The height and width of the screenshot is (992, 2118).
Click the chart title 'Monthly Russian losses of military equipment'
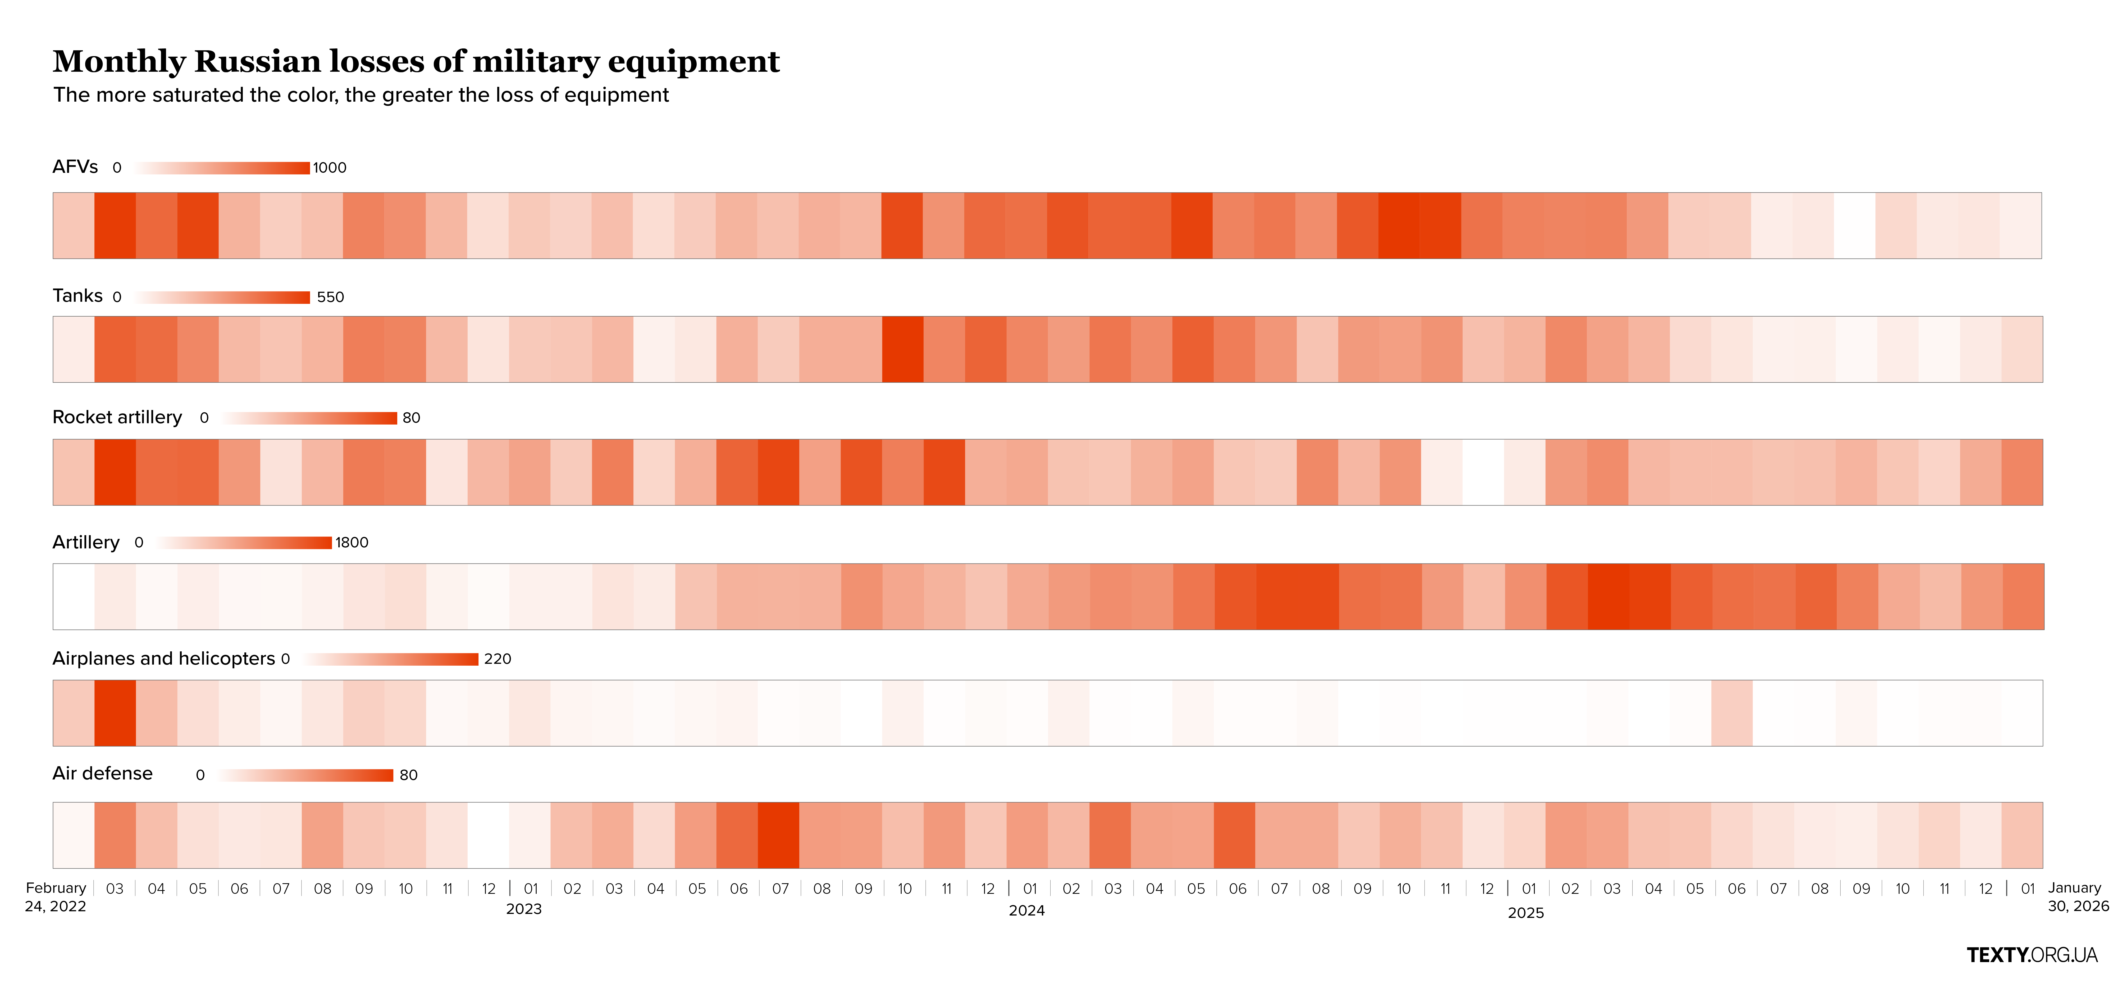pyautogui.click(x=416, y=62)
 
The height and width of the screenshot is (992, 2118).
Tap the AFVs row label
pyautogui.click(x=75, y=167)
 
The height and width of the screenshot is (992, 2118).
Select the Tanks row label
pyautogui.click(x=77, y=296)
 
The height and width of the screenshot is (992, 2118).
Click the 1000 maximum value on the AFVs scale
pyautogui.click(x=330, y=168)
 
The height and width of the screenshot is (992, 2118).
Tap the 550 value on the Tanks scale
pyautogui.click(x=331, y=297)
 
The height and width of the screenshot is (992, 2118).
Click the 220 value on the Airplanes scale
pyautogui.click(x=497, y=659)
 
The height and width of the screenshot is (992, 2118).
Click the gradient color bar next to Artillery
pyautogui.click(x=244, y=543)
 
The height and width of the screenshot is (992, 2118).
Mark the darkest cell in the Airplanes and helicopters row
pyautogui.click(x=115, y=713)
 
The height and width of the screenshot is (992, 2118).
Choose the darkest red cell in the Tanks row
pyautogui.click(x=903, y=350)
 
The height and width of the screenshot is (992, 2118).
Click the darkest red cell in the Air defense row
pyautogui.click(x=778, y=835)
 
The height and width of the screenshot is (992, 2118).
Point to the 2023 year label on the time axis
pyautogui.click(x=524, y=909)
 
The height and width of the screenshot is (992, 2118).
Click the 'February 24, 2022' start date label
pyautogui.click(x=56, y=896)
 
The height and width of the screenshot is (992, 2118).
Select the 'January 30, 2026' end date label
pyautogui.click(x=2078, y=896)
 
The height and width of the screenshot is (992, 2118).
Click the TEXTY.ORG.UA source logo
pyautogui.click(x=2032, y=955)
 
